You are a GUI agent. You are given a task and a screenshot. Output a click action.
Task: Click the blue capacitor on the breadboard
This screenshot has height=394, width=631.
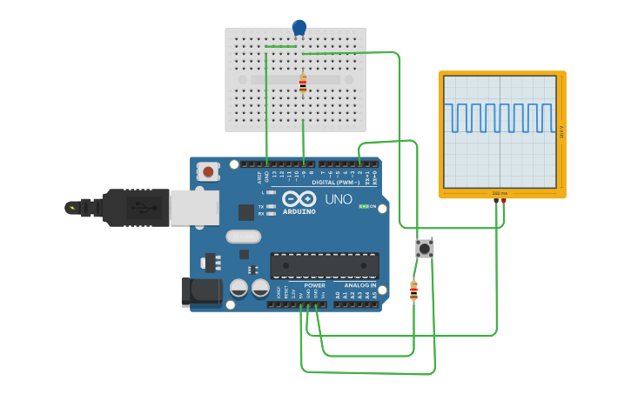[299, 28]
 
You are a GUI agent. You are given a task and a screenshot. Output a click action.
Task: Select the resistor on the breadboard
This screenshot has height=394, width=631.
[303, 84]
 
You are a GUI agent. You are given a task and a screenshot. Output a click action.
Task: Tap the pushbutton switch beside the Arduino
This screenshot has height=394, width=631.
[425, 249]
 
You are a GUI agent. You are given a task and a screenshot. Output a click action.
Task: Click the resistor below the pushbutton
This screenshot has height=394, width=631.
[413, 291]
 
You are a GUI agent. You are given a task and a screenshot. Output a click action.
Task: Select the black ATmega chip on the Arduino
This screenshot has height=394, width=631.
[325, 265]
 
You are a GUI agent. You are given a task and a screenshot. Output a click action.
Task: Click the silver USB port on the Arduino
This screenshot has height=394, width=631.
[193, 208]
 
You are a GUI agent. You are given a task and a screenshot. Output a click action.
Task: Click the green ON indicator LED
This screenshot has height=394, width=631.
[364, 206]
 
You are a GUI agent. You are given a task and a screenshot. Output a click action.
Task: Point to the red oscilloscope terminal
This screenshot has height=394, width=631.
[503, 201]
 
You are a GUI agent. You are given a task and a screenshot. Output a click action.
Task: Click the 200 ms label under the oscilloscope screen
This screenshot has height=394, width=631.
[499, 193]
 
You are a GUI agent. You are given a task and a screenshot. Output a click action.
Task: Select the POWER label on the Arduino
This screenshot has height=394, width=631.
[315, 285]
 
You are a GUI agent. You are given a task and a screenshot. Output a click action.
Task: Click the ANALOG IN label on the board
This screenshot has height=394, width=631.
[360, 285]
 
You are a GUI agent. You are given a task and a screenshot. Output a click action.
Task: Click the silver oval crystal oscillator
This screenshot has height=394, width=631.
[243, 237]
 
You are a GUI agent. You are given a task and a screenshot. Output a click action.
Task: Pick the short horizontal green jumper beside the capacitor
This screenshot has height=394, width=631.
[280, 46]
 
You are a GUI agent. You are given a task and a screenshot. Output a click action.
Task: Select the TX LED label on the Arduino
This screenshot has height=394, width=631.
[260, 207]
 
